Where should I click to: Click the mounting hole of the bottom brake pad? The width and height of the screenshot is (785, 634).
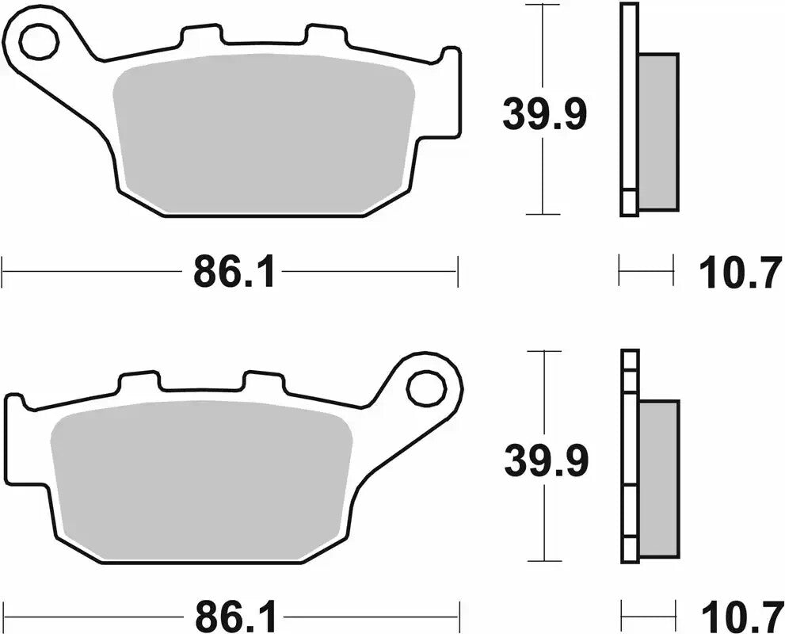pyautogui.click(x=426, y=388)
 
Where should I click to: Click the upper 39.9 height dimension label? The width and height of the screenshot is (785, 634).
pyautogui.click(x=544, y=116)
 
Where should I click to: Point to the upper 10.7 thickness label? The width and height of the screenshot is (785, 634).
pyautogui.click(x=740, y=274)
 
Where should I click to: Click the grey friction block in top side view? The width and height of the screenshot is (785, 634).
pyautogui.click(x=657, y=131)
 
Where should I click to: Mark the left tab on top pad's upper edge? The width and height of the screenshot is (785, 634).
pyautogui.click(x=201, y=35)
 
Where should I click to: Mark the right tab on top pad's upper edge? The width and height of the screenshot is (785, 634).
pyautogui.click(x=326, y=35)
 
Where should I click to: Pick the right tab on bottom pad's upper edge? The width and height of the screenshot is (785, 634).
pyautogui.click(x=263, y=380)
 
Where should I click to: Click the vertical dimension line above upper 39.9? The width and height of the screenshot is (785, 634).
pyautogui.click(x=543, y=48)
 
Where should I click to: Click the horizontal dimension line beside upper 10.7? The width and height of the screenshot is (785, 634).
pyautogui.click(x=646, y=270)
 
